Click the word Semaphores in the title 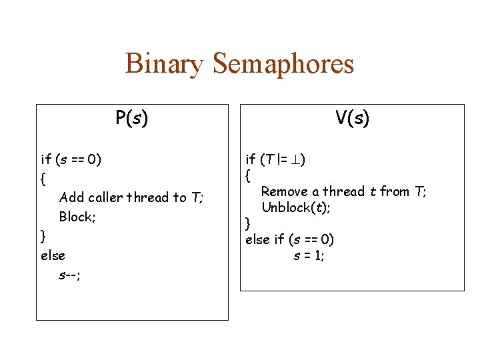283,65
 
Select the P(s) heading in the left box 131,119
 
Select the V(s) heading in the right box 352,119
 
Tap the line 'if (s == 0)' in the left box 71,159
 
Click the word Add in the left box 71,197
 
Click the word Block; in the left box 77,217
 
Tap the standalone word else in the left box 53,255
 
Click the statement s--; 69,275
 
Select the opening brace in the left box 43,179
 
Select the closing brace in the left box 43,236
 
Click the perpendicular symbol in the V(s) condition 295,159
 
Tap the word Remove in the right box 285,192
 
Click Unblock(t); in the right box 296,207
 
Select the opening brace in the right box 248,176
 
